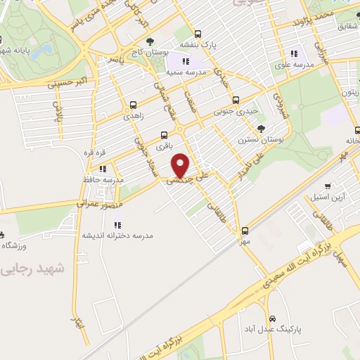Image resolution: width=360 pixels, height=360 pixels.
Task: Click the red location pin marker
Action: click(x=181, y=165)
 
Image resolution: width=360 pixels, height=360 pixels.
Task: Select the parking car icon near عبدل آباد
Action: click(x=282, y=319)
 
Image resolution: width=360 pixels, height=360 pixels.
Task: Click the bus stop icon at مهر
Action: click(x=245, y=231)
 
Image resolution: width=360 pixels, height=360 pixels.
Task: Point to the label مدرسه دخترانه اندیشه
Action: click(x=120, y=236)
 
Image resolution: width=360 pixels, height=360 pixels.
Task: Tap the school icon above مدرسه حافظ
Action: click(x=103, y=169)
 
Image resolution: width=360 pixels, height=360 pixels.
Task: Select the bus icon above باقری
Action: click(x=165, y=135)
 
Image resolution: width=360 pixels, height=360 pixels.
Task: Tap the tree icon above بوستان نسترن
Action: click(x=261, y=128)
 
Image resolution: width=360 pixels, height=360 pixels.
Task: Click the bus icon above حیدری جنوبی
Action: click(x=236, y=99)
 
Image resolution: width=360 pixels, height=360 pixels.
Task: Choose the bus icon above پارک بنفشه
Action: click(x=198, y=33)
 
